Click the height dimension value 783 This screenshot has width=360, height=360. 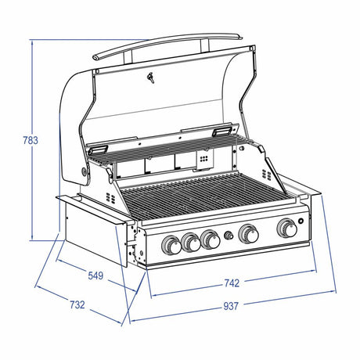point(31,140)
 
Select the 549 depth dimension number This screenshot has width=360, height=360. point(95,275)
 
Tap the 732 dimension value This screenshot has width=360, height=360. point(77,304)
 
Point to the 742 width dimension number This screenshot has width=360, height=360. point(232,283)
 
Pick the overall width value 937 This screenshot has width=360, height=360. point(231,306)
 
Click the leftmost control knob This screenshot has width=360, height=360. point(171,245)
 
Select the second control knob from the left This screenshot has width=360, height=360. point(191,242)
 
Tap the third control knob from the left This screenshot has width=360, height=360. point(211,239)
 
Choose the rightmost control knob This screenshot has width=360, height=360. point(287,228)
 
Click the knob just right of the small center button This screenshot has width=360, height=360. point(249,233)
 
